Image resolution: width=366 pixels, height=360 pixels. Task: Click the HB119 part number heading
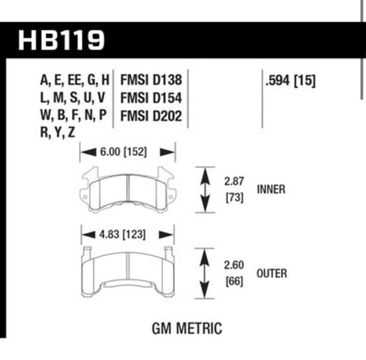click(x=61, y=40)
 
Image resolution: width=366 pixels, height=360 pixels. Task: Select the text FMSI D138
click(x=151, y=80)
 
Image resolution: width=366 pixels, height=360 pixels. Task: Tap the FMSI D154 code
click(x=151, y=98)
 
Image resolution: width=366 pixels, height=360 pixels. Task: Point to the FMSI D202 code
click(x=151, y=116)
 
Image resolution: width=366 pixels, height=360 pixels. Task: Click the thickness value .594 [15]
click(x=291, y=81)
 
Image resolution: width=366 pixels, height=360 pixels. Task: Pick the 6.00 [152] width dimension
click(x=123, y=152)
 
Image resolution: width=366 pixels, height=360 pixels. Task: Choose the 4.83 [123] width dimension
click(x=122, y=234)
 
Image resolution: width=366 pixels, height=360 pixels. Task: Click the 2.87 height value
click(x=234, y=181)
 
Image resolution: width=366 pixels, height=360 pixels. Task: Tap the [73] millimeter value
click(x=234, y=197)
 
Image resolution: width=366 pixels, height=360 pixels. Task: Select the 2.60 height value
click(x=234, y=265)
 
